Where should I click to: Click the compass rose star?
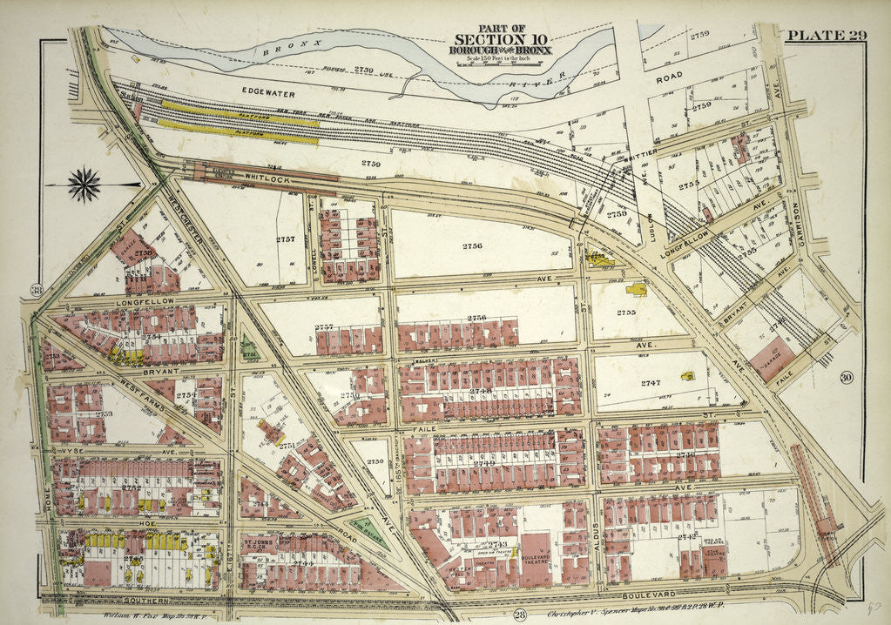click(x=84, y=184)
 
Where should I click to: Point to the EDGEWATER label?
click(x=268, y=92)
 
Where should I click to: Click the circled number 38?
click(x=36, y=291)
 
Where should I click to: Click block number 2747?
click(x=651, y=383)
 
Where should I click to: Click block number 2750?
click(x=375, y=461)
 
